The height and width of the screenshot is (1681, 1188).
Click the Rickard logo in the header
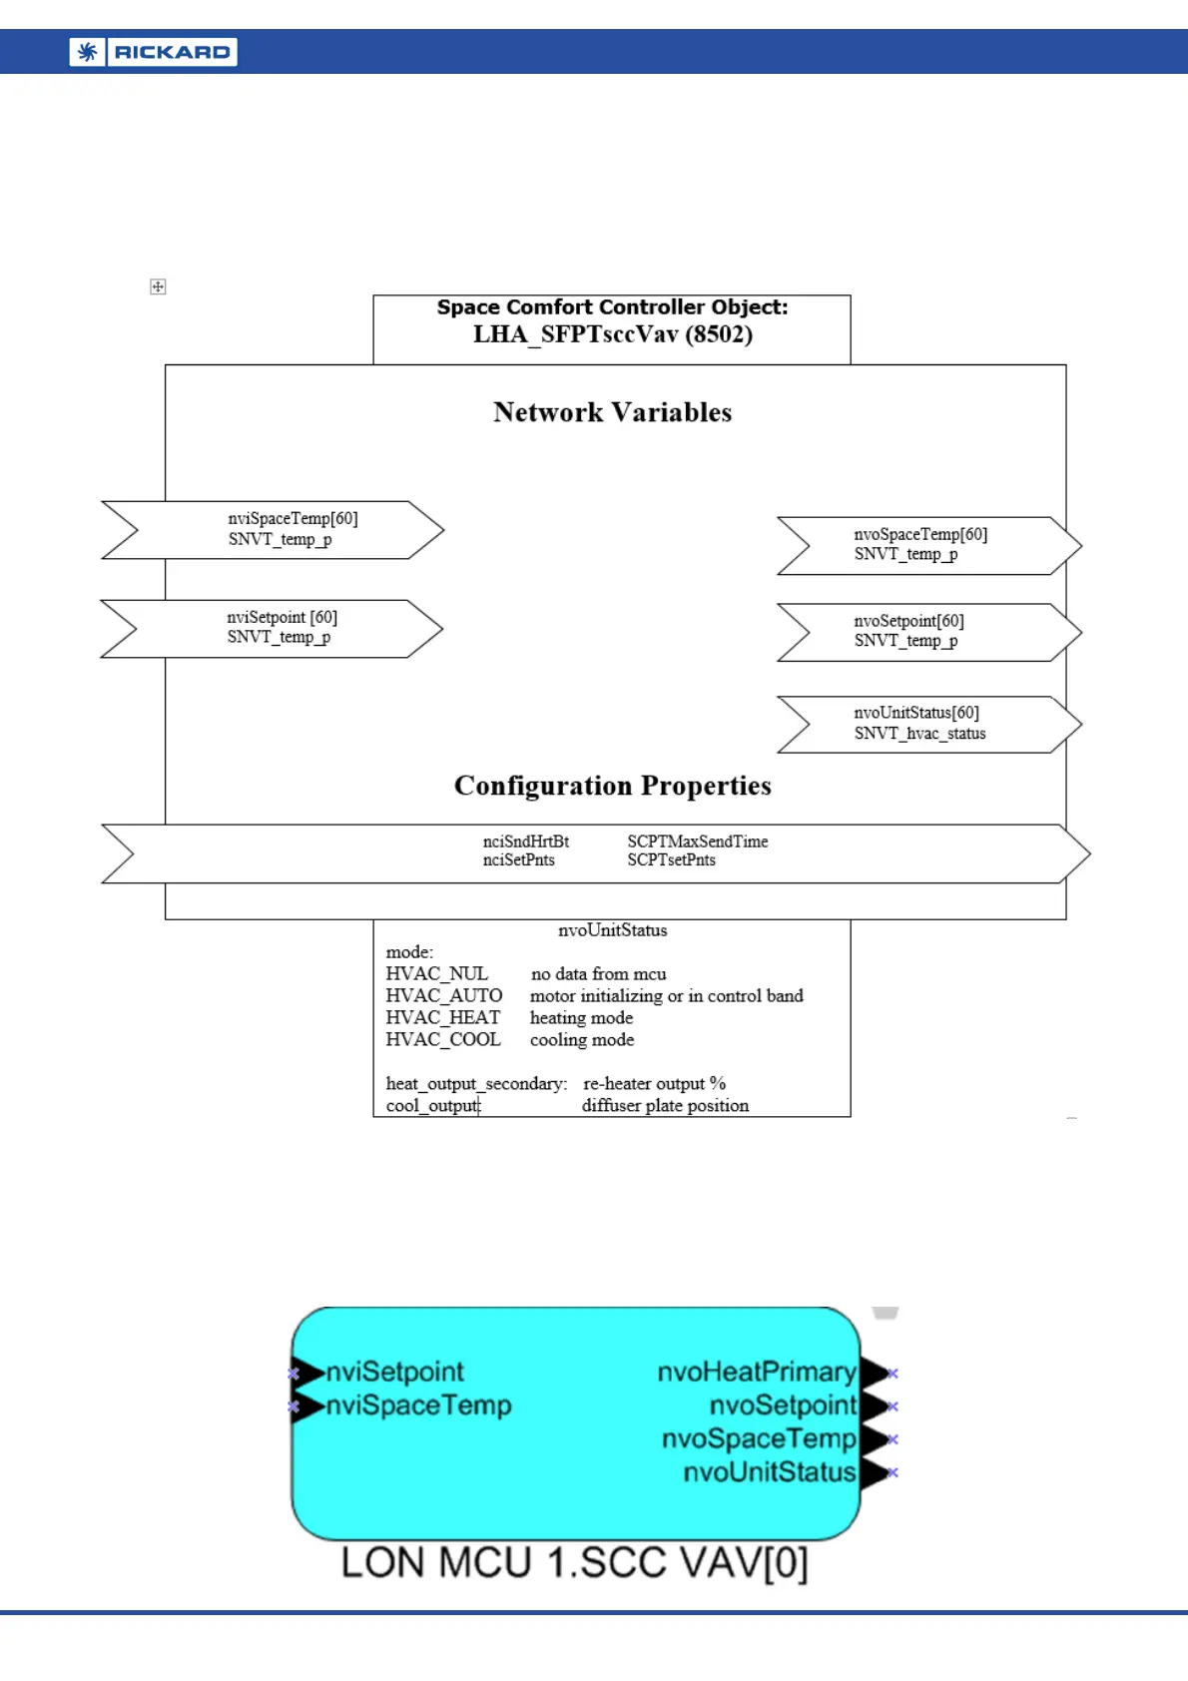click(153, 52)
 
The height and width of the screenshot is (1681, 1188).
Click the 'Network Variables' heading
click(612, 412)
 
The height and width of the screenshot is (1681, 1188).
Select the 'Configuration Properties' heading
click(612, 786)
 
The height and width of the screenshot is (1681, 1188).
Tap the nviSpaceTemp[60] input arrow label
click(293, 518)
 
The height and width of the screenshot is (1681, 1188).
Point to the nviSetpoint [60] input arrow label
click(282, 617)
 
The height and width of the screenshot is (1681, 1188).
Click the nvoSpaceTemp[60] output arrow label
click(919, 534)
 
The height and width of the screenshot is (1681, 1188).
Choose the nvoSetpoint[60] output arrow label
click(908, 621)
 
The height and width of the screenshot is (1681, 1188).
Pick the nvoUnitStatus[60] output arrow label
click(915, 713)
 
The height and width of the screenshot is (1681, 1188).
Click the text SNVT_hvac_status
click(919, 734)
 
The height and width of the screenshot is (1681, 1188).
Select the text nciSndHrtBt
click(525, 841)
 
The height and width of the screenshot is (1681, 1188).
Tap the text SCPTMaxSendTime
click(697, 841)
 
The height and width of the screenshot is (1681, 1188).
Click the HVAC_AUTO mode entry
click(443, 995)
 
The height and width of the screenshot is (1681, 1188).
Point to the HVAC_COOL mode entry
click(443, 1039)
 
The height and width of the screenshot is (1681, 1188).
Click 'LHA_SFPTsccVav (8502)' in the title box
click(612, 334)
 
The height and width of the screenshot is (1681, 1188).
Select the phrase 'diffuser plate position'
click(665, 1105)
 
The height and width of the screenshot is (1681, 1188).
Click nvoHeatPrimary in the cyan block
click(756, 1373)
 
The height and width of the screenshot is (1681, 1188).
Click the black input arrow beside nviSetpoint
click(307, 1374)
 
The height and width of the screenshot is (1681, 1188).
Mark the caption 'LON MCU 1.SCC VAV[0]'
click(574, 1562)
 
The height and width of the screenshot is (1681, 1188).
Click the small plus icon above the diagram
click(158, 286)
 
